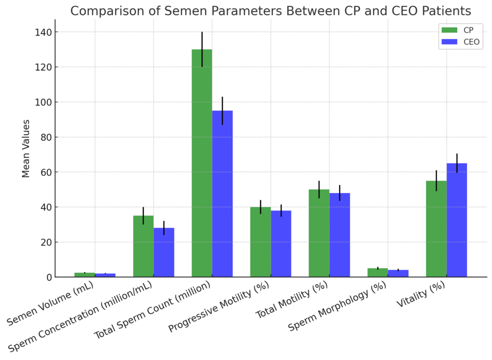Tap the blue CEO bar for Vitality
(x=457, y=220)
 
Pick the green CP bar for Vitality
(x=436, y=229)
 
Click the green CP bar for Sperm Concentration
(x=143, y=246)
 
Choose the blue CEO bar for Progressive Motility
(x=281, y=244)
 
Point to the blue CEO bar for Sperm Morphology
(x=398, y=274)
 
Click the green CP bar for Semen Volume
(x=85, y=275)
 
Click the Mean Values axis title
(x=26, y=148)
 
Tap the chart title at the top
(x=270, y=10)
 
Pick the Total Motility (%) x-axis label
(x=292, y=306)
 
